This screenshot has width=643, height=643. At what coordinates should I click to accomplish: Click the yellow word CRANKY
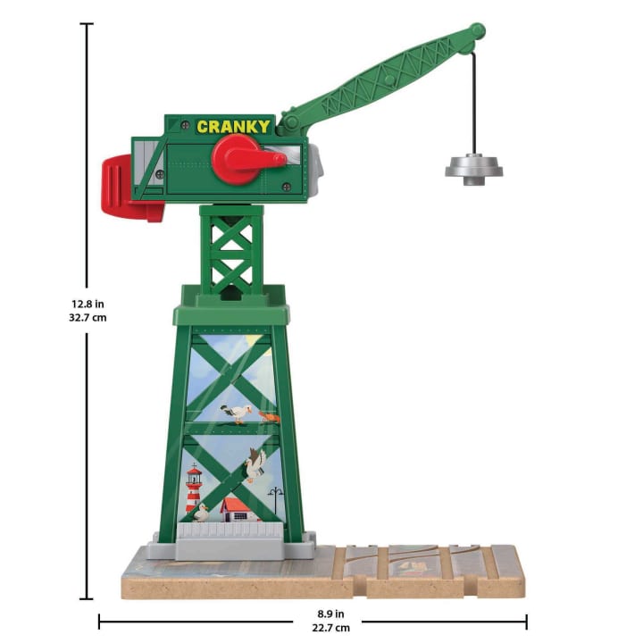[233, 127]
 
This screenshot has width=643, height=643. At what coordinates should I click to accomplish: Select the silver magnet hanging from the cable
[474, 170]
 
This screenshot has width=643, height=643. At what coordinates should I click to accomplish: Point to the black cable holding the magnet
[475, 103]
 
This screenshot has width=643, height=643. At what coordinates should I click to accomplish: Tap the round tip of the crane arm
[477, 32]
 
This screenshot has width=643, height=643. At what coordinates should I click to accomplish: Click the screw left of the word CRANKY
[186, 125]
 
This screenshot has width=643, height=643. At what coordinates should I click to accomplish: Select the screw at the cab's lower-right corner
[287, 187]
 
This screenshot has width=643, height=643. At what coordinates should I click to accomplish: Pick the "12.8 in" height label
[88, 305]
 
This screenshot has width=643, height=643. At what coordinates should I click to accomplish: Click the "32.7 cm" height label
[88, 318]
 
